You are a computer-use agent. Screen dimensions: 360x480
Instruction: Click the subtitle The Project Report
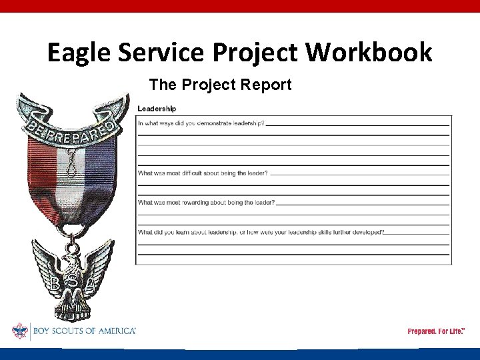[220, 85]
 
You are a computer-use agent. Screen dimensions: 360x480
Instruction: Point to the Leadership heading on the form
[157, 109]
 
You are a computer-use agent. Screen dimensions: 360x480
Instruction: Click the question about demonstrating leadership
[201, 123]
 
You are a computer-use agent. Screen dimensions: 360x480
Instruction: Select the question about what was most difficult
[203, 173]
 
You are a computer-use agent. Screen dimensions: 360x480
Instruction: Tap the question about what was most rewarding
[206, 203]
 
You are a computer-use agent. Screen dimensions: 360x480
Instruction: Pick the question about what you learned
[261, 232]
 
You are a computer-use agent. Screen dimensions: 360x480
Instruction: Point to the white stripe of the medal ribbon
[69, 180]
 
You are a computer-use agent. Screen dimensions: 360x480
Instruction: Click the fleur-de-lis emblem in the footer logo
[19, 331]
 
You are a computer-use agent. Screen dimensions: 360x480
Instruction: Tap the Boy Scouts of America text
[84, 331]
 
